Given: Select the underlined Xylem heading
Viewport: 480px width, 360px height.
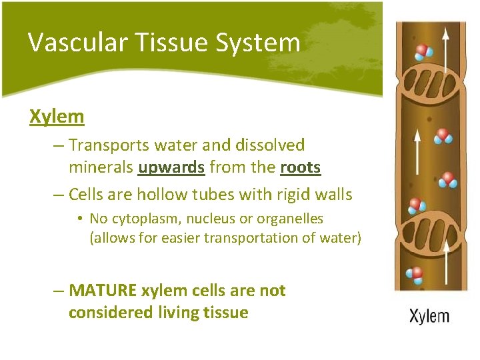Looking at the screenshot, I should pyautogui.click(x=57, y=117).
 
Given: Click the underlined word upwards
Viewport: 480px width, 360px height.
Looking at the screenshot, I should pyautogui.click(x=171, y=167).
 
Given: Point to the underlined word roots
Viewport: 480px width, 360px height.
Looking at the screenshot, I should pyautogui.click(x=301, y=167).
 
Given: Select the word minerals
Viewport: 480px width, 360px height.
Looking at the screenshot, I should pyautogui.click(x=101, y=167).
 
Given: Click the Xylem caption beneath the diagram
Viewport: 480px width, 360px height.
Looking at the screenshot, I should pyautogui.click(x=429, y=316).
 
